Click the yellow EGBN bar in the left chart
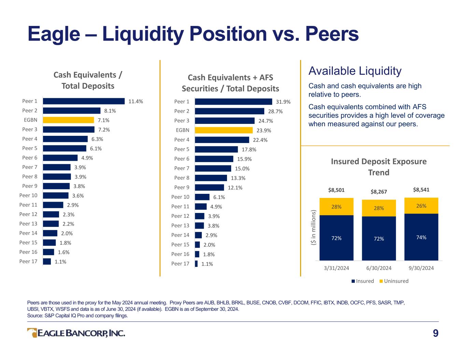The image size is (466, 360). (68, 120)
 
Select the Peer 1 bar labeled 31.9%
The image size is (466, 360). (234, 102)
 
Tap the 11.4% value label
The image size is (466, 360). (136, 101)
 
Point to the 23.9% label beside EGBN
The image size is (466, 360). (264, 130)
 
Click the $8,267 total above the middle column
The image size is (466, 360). (379, 191)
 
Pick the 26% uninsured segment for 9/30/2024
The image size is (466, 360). (421, 206)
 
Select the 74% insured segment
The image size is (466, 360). (421, 237)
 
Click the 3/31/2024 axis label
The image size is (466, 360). (336, 268)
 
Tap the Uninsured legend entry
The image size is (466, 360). (394, 281)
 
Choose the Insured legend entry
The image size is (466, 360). (363, 281)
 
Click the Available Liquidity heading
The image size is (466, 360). (355, 71)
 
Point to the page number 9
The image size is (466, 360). (436, 333)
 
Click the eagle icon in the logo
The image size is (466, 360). (32, 333)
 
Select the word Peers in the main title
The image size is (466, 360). (332, 34)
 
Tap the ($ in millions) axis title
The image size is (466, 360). (313, 227)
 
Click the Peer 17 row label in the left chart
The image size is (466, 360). (28, 261)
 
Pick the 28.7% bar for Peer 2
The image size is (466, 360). (229, 111)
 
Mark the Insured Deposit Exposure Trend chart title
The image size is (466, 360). (379, 167)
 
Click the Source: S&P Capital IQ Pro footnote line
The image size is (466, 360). (77, 316)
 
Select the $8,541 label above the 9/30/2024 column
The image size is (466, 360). (421, 190)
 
